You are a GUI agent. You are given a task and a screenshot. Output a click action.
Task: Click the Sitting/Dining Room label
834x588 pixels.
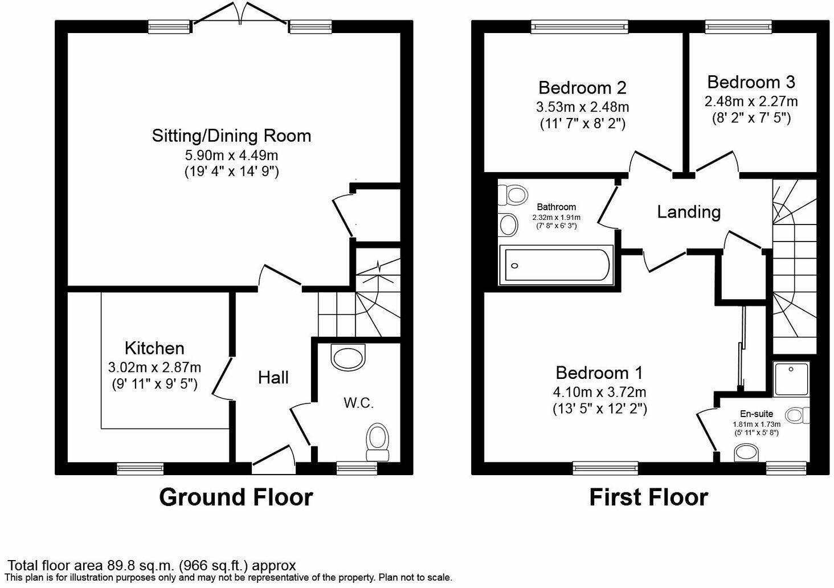pos(231,136)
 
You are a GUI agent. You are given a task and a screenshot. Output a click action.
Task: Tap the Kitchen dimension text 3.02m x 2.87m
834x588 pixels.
pos(154,367)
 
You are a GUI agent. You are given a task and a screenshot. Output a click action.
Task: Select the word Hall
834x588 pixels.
pos(273,378)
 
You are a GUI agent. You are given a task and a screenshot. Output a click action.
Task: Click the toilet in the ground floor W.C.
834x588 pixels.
pos(377,440)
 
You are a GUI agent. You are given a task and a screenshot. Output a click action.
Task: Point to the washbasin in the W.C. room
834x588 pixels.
pos(347,358)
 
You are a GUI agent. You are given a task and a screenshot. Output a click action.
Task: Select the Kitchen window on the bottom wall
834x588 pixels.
pos(140,468)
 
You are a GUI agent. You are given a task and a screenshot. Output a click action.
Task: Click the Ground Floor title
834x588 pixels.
pos(236,497)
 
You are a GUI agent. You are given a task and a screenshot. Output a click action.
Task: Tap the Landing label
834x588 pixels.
pos(689,212)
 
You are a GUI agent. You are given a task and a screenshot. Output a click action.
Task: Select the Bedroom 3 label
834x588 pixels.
pos(751,82)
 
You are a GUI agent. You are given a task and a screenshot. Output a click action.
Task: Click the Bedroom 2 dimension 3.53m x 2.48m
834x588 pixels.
pos(582,107)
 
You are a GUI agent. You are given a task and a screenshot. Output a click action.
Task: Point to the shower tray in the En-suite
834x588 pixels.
pos(791,378)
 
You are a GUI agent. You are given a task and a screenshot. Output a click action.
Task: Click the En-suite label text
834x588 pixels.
pos(757,414)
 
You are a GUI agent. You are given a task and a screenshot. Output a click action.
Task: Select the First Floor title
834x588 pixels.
pos(648,497)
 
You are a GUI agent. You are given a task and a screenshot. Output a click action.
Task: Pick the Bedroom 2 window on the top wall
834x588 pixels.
pos(579,26)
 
